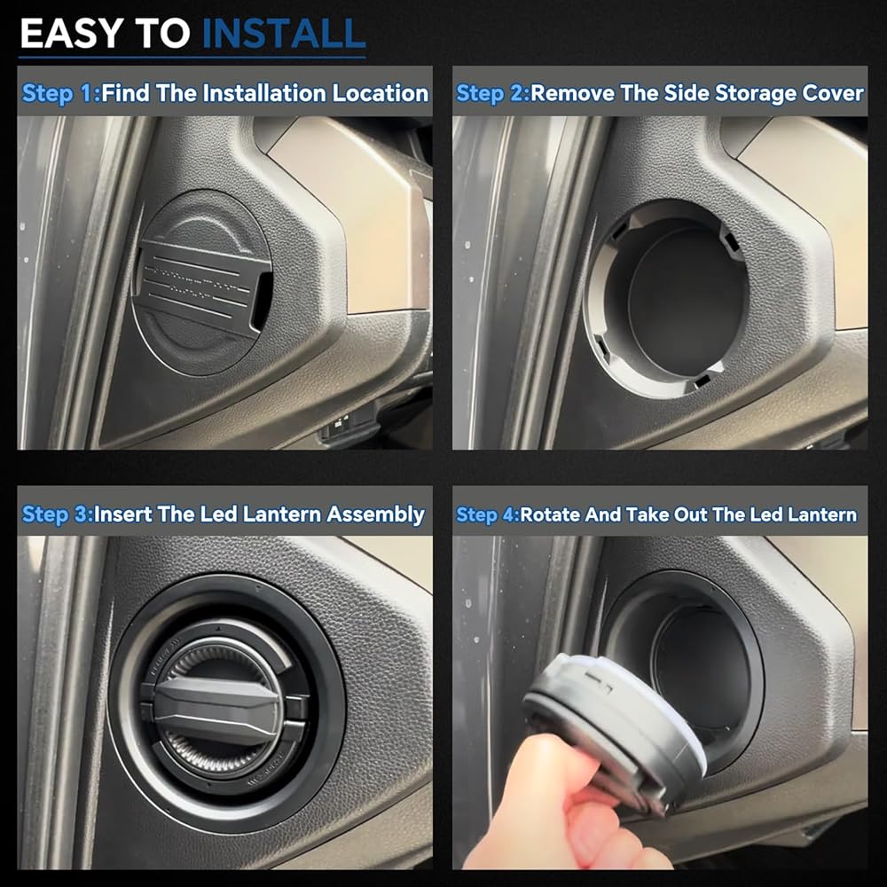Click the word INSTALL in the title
[284, 34]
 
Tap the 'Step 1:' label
[61, 93]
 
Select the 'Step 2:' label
[492, 93]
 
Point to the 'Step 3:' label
[58, 514]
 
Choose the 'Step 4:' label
[488, 514]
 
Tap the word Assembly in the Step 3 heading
[375, 514]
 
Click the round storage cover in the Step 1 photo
[201, 282]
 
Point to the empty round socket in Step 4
[695, 668]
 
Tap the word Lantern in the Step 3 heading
[282, 514]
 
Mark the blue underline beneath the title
[192, 57]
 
